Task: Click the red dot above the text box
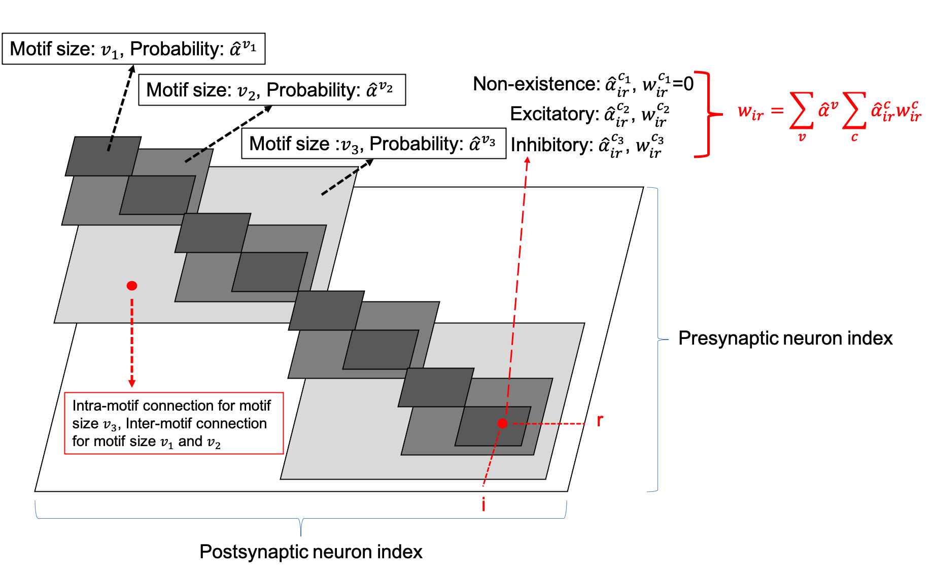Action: pos(132,286)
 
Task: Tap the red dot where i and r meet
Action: pos(502,423)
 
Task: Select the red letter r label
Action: pos(600,420)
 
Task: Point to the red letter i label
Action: pos(484,504)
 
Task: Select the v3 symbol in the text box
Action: pos(110,425)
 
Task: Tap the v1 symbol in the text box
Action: pos(167,443)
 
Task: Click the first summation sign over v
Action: pos(802,111)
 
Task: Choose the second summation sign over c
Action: pos(854,111)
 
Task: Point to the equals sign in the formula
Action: pos(777,110)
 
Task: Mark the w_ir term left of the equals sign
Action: pos(750,112)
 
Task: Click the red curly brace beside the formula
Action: pos(706,114)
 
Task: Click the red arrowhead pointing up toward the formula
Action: pos(527,160)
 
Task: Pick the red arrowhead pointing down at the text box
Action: pos(132,383)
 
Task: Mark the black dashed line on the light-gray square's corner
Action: pos(339,183)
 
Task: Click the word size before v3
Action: pos(85,423)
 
